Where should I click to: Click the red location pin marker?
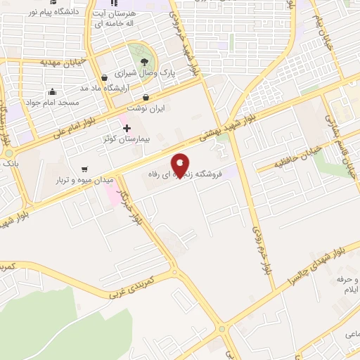tap(181, 166)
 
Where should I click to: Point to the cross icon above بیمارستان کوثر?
tap(127, 128)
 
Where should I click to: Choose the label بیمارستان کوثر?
tap(127, 139)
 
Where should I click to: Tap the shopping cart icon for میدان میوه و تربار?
tap(85, 169)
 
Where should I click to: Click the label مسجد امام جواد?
tap(53, 102)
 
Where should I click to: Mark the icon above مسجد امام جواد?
tap(52, 91)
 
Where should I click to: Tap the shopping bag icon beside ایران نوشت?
tap(146, 98)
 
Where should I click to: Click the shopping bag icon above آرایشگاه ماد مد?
tap(104, 77)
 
